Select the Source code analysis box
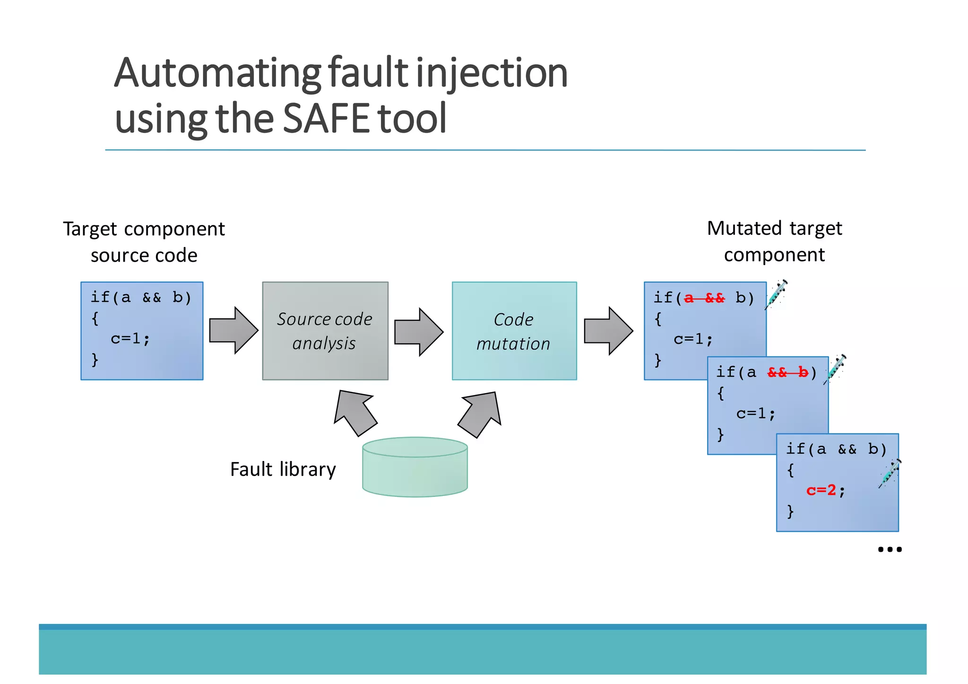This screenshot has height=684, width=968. pyautogui.click(x=325, y=331)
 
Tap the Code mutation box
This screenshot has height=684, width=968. pyautogui.click(x=514, y=331)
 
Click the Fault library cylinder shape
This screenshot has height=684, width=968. pyautogui.click(x=415, y=468)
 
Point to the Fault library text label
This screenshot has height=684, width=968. pyautogui.click(x=283, y=469)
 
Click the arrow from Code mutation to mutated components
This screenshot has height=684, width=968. pyautogui.click(x=608, y=331)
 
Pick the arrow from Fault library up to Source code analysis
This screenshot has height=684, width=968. pyautogui.click(x=355, y=412)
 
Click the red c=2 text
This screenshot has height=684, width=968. pyautogui.click(x=821, y=490)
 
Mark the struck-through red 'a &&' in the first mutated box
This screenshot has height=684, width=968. pyautogui.click(x=704, y=298)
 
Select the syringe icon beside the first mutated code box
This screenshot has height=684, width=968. pyautogui.click(x=777, y=294)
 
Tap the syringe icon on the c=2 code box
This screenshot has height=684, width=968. pyautogui.click(x=890, y=473)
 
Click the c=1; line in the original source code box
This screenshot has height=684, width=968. pyautogui.click(x=130, y=339)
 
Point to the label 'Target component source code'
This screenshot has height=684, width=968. pyautogui.click(x=144, y=242)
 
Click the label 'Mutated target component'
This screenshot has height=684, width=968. pyautogui.click(x=774, y=241)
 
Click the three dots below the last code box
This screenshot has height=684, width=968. pyautogui.click(x=890, y=549)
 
